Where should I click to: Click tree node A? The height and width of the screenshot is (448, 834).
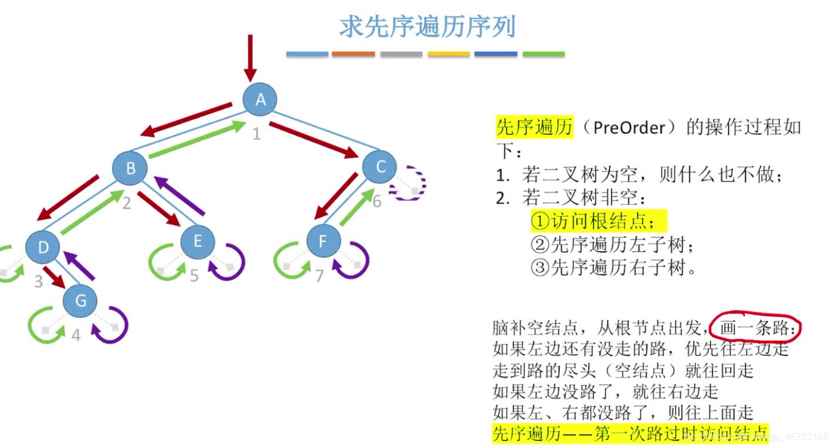260,99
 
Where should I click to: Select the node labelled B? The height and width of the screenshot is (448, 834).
130,168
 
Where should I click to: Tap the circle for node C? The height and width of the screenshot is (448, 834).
380,166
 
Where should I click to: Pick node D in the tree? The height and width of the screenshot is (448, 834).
43,247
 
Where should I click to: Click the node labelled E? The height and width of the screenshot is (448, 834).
197,241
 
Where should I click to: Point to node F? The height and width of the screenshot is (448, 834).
323,242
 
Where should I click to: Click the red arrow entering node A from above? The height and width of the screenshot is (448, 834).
250,58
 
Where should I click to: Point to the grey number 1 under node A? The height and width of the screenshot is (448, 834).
257,134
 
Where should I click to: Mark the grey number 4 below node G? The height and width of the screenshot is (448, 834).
76,335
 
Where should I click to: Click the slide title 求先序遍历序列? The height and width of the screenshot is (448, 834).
427,27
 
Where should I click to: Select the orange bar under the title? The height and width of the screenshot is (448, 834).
353,54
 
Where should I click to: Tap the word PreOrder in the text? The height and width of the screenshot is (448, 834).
627,127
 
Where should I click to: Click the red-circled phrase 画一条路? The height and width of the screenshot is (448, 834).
756,329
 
